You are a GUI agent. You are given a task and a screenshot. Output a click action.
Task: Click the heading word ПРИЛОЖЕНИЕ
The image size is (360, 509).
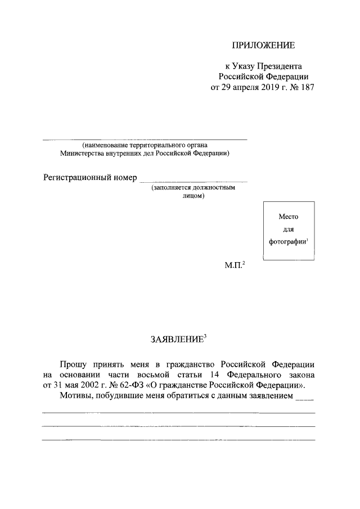(x=263, y=44)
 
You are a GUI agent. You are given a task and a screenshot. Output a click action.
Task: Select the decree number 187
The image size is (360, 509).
(x=307, y=88)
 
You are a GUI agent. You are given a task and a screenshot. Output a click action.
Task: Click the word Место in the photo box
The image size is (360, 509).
(x=288, y=216)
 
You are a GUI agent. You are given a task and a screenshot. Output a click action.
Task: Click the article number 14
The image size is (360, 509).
(x=219, y=374)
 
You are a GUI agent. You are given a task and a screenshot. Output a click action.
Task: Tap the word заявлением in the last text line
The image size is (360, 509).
(x=268, y=397)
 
